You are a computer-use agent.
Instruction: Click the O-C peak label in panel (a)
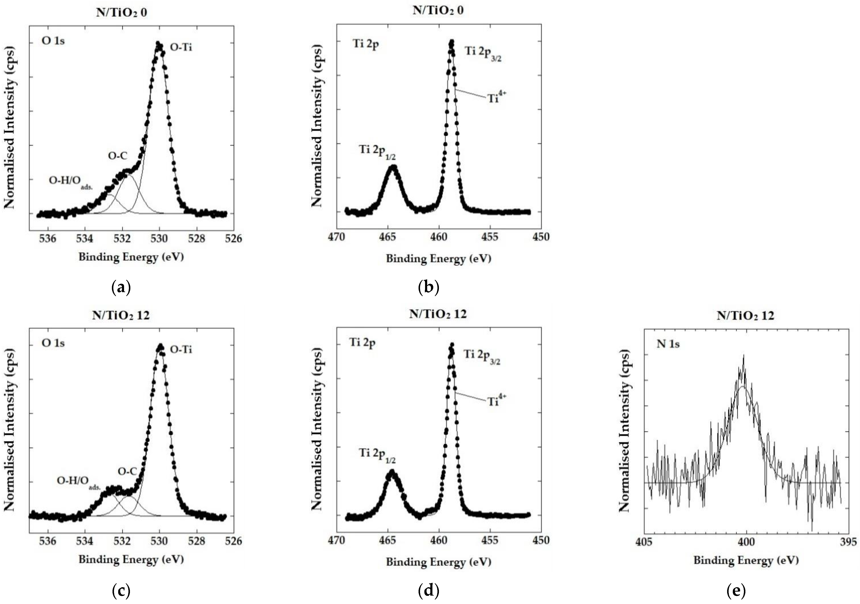pyautogui.click(x=118, y=156)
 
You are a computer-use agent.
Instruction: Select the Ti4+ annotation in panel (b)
pyautogui.click(x=496, y=98)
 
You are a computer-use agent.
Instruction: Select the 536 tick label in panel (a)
pyautogui.click(x=48, y=238)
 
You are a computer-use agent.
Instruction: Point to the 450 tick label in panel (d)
pyautogui.click(x=541, y=540)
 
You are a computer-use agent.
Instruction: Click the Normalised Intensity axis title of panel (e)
pyautogui.click(x=624, y=431)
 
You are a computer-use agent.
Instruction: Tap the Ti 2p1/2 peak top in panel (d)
pyautogui.click(x=392, y=471)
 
